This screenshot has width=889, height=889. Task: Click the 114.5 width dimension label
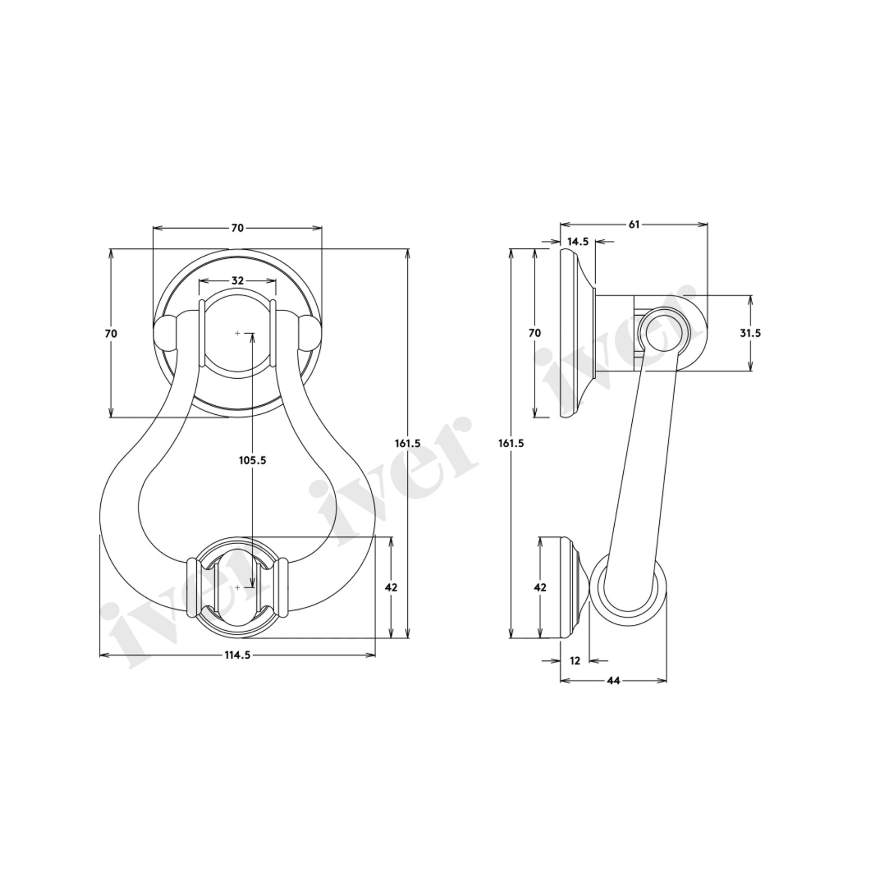[237, 655]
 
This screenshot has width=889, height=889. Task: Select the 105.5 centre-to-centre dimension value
[252, 460]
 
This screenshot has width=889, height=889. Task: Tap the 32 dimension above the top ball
[237, 281]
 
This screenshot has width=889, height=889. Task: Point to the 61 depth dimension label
[634, 224]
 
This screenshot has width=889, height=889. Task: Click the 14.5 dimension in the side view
[578, 242]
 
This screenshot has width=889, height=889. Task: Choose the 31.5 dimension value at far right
[750, 333]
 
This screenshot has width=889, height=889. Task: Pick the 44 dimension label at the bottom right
[613, 681]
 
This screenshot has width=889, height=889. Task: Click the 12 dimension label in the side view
[575, 661]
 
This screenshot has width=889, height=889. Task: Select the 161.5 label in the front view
[407, 443]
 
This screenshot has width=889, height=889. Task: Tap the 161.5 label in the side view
[511, 443]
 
